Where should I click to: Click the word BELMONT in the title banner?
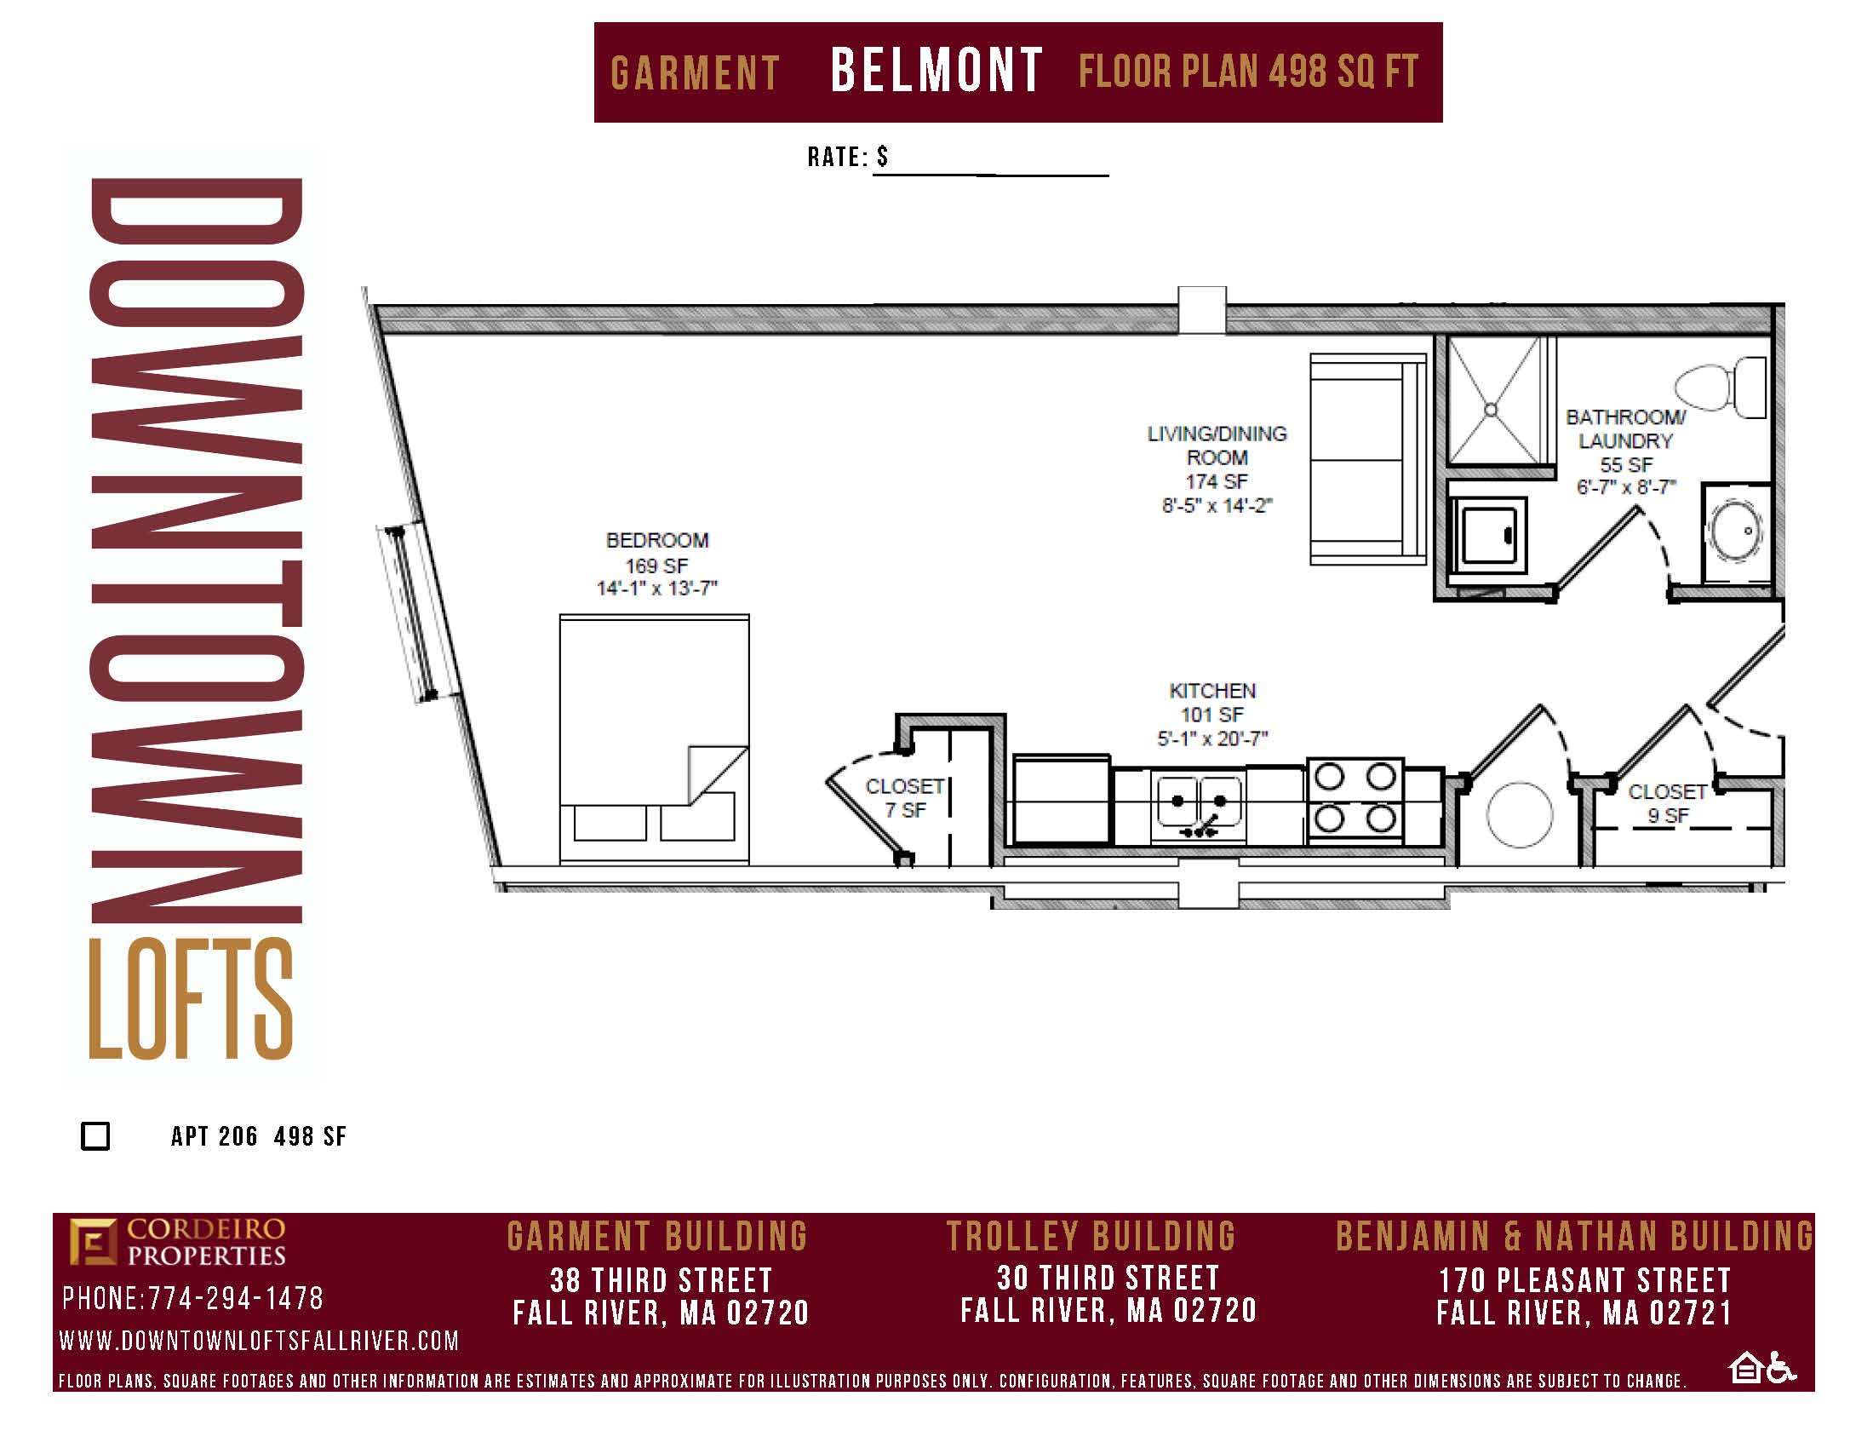(x=936, y=71)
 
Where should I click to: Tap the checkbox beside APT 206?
(x=95, y=1135)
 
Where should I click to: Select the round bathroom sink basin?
(x=1736, y=531)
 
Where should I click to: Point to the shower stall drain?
(x=1491, y=410)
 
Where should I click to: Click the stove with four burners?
(x=1355, y=799)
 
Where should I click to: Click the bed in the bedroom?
(x=655, y=738)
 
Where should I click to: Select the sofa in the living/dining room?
(x=1368, y=460)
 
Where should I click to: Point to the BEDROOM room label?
(x=657, y=540)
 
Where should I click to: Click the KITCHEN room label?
(x=1211, y=691)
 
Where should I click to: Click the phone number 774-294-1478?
(x=236, y=1298)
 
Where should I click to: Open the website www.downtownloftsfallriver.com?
(x=259, y=1341)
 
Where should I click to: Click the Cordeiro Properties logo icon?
(x=93, y=1241)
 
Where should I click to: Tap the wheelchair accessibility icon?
(x=1782, y=1366)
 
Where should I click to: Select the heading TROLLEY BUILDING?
(x=1091, y=1236)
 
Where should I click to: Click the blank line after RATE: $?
(x=990, y=175)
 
